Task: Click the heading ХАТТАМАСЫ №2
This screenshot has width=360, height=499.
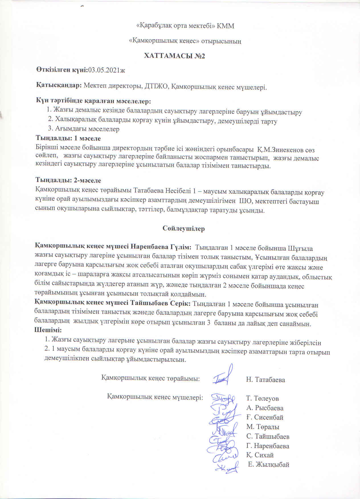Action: point(175,56)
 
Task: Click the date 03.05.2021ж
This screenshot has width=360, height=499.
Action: point(107,70)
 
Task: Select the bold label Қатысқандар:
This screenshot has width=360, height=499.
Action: point(59,85)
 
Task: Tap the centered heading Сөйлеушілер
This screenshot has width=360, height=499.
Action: point(184,228)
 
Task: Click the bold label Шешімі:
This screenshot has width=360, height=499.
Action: point(48,330)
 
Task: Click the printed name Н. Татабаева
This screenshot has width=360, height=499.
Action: point(265,380)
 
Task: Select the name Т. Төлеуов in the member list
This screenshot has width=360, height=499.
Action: point(262,398)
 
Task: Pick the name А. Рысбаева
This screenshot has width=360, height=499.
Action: point(265,408)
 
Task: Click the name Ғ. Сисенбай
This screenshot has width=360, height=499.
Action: point(265,418)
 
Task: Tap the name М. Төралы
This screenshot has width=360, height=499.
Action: point(263,427)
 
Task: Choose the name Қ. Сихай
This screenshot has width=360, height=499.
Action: point(260,455)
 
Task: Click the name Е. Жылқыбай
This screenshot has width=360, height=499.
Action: point(269,465)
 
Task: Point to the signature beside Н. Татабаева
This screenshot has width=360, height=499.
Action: point(224,376)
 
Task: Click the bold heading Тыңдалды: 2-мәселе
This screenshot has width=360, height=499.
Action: point(68,180)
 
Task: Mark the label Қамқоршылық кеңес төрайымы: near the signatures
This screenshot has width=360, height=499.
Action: point(150,379)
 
